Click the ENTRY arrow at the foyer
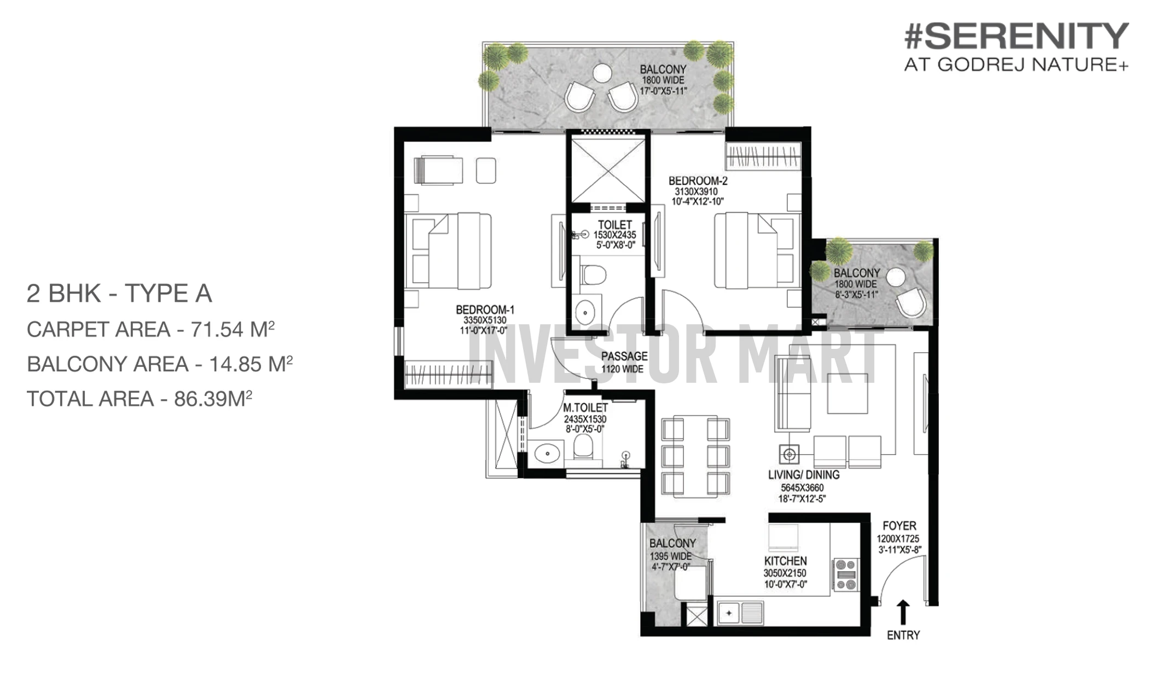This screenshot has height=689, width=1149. coord(903,612)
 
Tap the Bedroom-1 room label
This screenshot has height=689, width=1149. coord(485,310)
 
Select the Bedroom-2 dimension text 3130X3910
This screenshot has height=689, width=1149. coord(696,191)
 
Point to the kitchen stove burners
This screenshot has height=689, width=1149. coord(846,575)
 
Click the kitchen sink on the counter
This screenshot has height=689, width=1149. coord(740,613)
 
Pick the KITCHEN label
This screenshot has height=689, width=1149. coord(785,561)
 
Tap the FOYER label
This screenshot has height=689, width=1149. coord(899,525)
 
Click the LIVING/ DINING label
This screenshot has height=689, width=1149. coord(804,475)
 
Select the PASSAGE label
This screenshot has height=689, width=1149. coord(624,356)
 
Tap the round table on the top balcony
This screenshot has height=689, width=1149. coord(602,73)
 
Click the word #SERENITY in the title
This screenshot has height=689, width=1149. coord(1017,36)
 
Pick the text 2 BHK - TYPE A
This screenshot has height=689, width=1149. coord(119,294)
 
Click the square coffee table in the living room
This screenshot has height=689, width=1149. coord(847,393)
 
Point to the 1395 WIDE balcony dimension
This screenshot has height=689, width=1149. coord(670,556)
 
